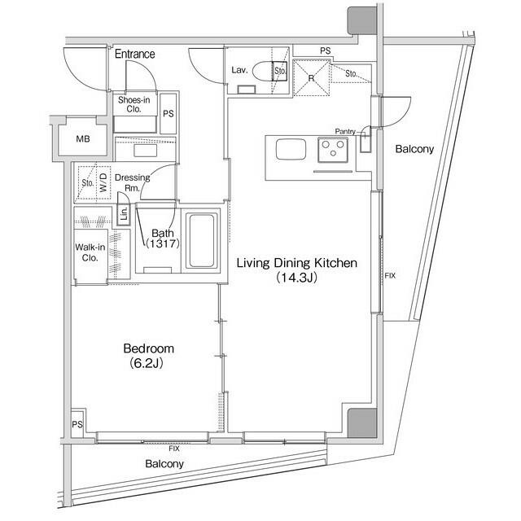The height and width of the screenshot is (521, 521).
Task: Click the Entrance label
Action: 134,54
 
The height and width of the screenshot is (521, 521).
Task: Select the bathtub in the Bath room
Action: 201,241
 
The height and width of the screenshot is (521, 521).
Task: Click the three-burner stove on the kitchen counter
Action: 333,150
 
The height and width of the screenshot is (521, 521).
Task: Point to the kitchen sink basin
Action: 291,149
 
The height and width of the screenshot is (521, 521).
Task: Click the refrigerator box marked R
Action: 311,78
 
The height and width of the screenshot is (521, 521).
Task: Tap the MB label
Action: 83,139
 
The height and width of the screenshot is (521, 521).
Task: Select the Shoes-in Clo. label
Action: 134,104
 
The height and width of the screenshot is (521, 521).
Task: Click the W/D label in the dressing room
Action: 103,182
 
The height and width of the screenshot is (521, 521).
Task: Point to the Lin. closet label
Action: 124,213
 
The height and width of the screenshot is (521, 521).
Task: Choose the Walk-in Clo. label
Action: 90,252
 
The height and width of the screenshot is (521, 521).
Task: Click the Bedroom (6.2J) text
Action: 148,356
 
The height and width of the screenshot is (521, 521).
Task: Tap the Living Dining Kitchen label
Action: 296,263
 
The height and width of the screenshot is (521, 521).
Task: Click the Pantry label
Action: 345,132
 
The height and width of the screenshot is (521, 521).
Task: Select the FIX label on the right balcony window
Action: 390,275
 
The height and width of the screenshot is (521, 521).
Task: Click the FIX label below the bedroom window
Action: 173,449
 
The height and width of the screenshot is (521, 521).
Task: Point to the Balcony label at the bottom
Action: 164,464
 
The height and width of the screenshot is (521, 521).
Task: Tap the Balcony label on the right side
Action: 414,149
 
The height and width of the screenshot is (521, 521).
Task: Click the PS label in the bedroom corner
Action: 77,424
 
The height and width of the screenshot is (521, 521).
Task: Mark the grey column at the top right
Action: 362,20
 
